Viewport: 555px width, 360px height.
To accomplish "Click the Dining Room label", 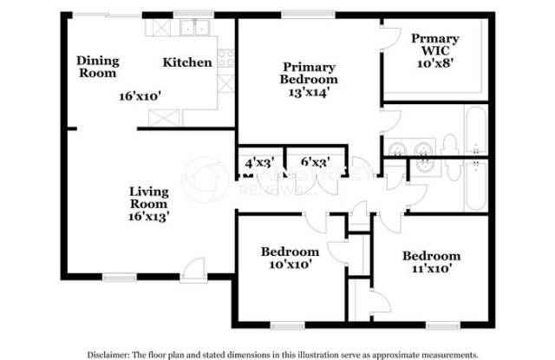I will point(97,67).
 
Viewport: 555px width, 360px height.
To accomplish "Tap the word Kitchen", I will point(187,62).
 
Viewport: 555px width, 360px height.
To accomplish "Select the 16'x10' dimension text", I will point(141,96).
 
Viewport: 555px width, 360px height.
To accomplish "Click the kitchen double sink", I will point(197,29).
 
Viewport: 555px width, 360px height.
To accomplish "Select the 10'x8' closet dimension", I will point(434,64).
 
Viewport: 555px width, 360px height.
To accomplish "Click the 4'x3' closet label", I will point(258,162).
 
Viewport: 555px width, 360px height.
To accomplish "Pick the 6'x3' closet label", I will point(313,162).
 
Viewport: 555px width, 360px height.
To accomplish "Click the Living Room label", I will point(149,198).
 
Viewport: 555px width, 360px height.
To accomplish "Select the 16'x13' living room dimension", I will point(149,218).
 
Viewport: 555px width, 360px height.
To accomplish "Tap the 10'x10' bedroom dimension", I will point(290,265).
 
